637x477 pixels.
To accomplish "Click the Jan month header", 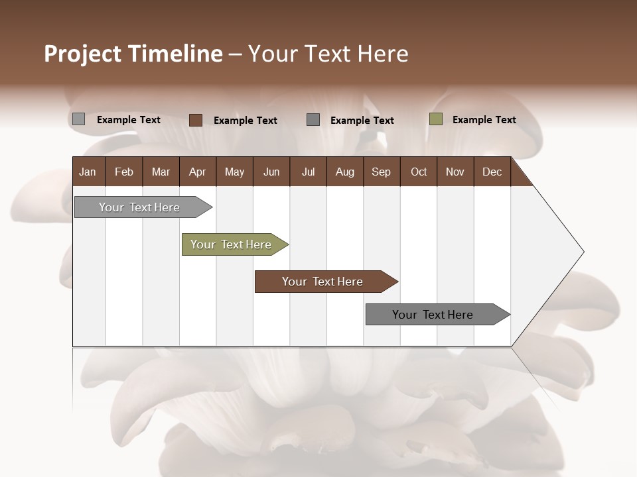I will [x=88, y=172].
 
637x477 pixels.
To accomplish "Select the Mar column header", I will [x=161, y=172].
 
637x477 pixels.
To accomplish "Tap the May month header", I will [x=234, y=172].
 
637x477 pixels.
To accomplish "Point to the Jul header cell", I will [x=308, y=172].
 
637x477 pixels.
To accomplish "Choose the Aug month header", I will [x=344, y=172].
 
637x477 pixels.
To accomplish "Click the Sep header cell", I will [x=381, y=172].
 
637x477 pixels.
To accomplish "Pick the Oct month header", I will [x=419, y=172].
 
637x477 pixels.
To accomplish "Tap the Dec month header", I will [x=492, y=172].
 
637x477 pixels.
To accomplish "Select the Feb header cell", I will [x=124, y=172].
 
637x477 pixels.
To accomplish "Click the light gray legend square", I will [x=78, y=119].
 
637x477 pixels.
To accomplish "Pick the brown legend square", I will [x=195, y=120].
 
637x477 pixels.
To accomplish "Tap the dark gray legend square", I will [x=313, y=119].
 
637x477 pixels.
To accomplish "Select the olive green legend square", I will [x=435, y=119].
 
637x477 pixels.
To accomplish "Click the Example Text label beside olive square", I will [x=484, y=120].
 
